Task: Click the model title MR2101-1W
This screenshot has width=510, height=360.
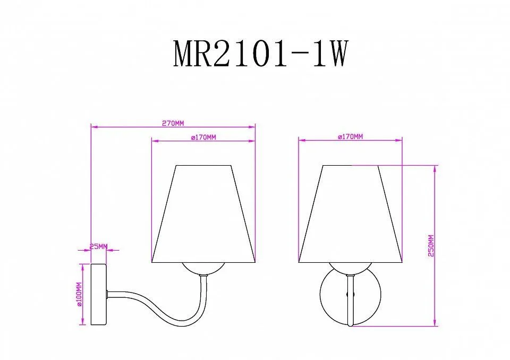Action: click(261, 54)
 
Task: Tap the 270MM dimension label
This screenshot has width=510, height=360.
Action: click(173, 123)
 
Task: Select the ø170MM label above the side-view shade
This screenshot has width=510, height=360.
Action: click(203, 138)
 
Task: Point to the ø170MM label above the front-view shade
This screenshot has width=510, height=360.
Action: click(350, 136)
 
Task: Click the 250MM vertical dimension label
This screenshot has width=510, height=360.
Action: click(431, 245)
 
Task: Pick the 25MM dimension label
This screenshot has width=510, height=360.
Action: click(98, 247)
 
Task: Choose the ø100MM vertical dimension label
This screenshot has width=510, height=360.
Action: click(79, 295)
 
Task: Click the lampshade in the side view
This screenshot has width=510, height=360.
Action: click(203, 213)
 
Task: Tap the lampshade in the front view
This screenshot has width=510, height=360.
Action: click(350, 213)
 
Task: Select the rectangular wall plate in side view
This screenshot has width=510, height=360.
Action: click(99, 295)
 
